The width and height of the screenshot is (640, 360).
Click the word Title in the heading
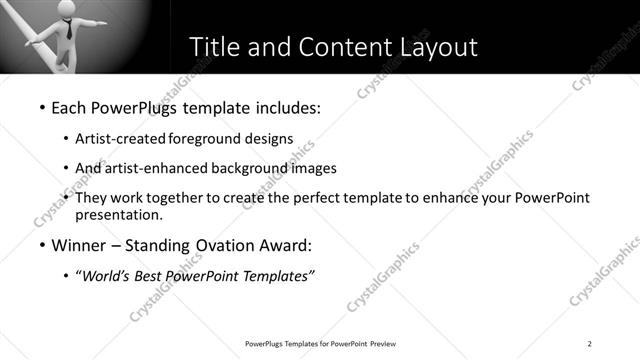(215, 47)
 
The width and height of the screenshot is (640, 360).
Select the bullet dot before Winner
(41, 246)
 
